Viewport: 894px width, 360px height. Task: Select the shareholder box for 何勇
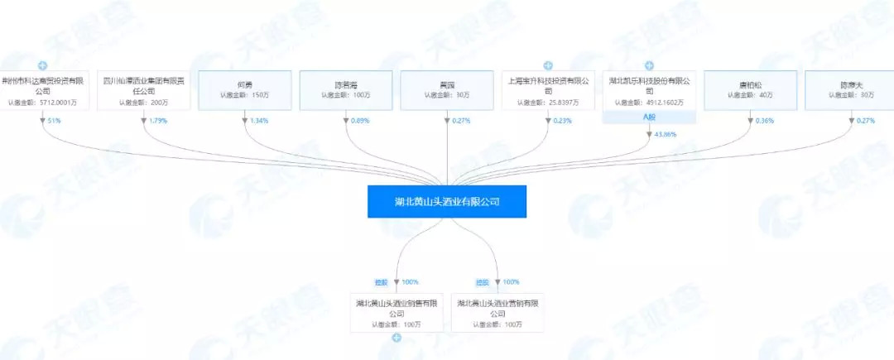pos(245,89)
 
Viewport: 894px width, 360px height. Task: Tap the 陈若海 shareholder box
pos(346,89)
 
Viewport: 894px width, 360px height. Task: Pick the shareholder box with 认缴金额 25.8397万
pos(548,89)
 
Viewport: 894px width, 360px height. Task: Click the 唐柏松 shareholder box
pos(750,89)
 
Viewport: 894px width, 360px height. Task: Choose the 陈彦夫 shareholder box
pos(851,89)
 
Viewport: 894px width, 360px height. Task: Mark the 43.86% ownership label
pos(665,134)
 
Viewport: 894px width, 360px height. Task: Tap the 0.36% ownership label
pos(762,121)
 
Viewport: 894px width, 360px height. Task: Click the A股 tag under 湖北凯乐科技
pos(649,117)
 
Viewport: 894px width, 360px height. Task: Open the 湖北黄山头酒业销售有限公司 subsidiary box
pos(397,313)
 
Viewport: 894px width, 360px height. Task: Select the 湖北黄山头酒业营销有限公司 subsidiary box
pos(497,313)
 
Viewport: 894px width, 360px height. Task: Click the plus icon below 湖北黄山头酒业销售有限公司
pos(397,338)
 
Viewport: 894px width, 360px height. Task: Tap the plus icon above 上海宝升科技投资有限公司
pos(548,65)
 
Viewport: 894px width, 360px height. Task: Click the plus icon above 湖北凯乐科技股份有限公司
pos(649,65)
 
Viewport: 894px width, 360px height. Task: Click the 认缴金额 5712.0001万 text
pos(42,103)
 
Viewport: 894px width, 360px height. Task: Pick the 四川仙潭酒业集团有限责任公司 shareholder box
pos(144,89)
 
